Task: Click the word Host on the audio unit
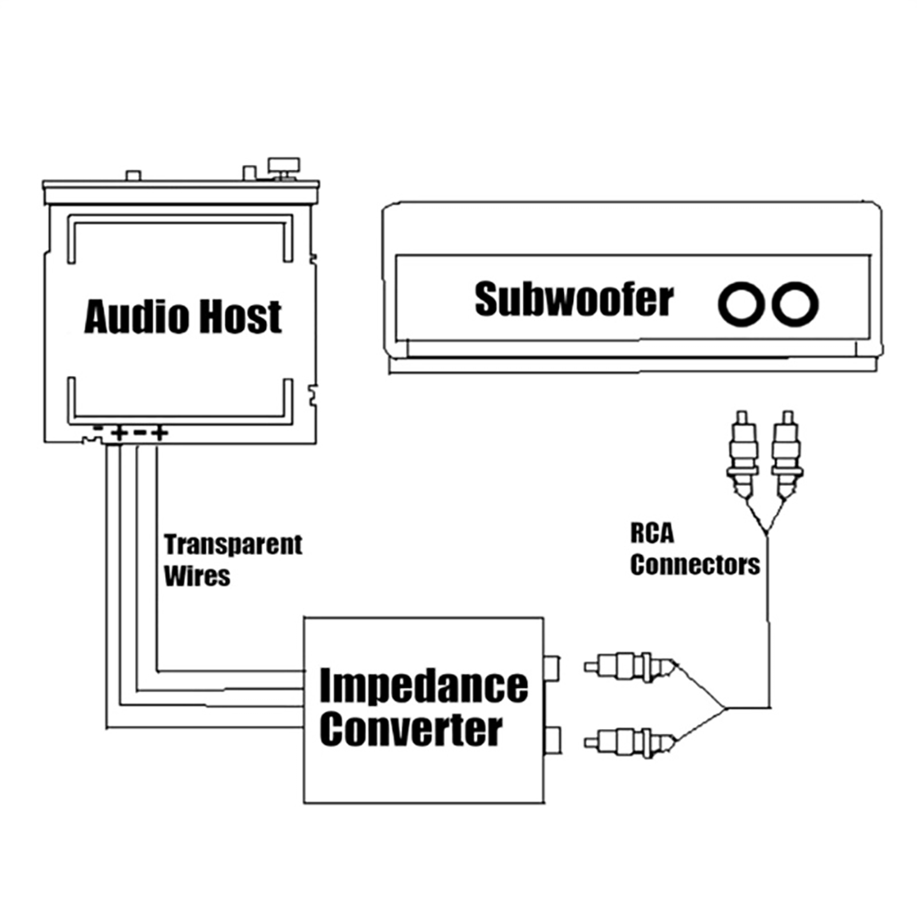240,316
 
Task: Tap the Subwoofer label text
574,299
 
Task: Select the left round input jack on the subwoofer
741,304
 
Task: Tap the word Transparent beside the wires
233,544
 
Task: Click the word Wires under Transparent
197,576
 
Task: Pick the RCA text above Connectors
652,534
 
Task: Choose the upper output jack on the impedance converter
552,668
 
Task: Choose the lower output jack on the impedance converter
552,740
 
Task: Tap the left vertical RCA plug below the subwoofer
743,453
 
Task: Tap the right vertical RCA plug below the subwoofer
787,453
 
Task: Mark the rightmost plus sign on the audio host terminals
160,432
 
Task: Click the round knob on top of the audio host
284,166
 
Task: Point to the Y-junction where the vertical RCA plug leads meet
766,533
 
